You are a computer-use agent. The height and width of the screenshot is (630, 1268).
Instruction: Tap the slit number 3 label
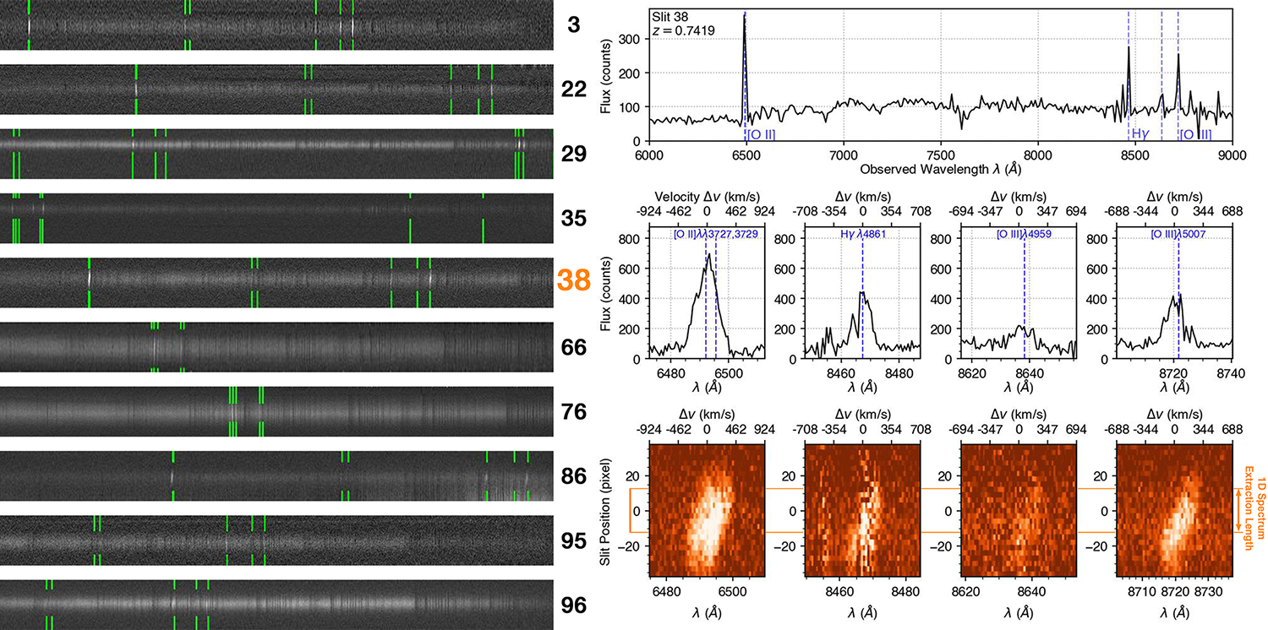point(574,24)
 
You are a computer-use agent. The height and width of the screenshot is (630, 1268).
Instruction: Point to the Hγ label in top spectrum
point(1141,133)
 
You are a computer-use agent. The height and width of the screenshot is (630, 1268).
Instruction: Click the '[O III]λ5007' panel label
point(1178,233)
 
